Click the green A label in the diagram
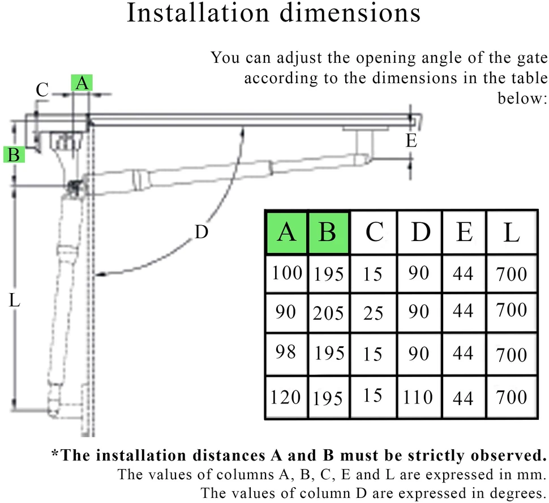(82, 83)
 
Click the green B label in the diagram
(14, 154)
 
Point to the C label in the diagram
(42, 90)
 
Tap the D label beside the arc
(201, 232)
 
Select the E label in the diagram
(411, 141)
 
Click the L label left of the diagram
(14, 300)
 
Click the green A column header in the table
(286, 232)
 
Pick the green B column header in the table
(328, 232)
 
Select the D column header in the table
(420, 232)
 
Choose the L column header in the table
(512, 232)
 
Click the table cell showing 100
(287, 273)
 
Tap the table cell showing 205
(328, 313)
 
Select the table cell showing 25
(373, 313)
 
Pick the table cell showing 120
(286, 397)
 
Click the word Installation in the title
(198, 13)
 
